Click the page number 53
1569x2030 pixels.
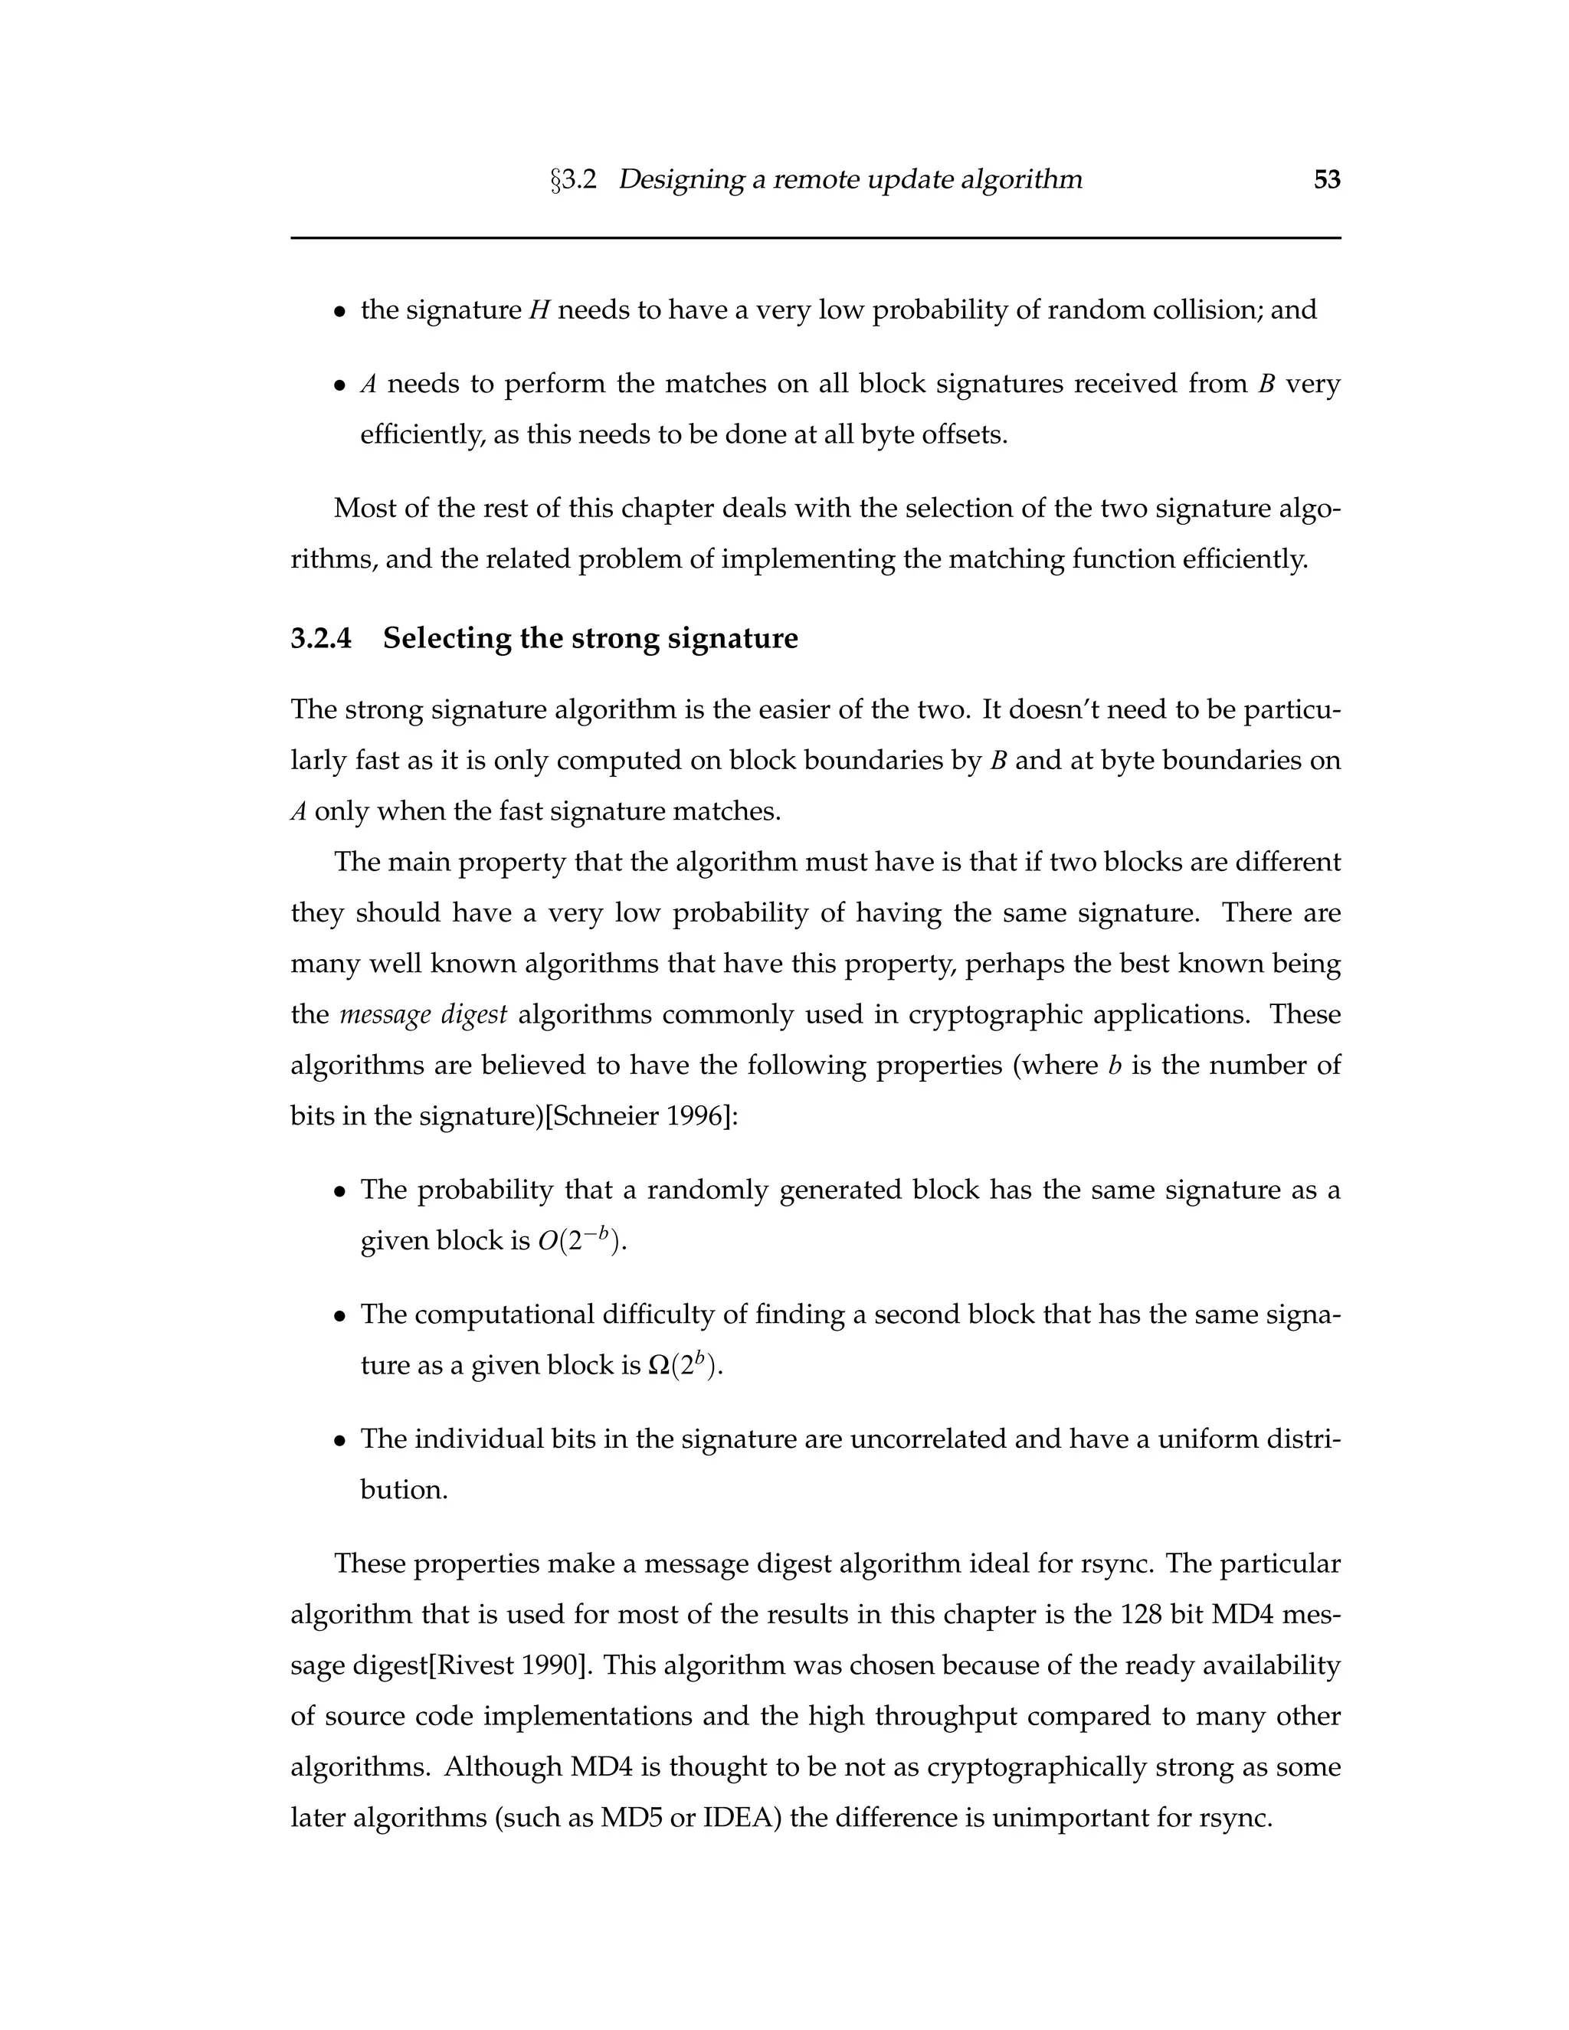pyautogui.click(x=1326, y=179)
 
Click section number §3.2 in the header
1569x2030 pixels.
pyautogui.click(x=574, y=179)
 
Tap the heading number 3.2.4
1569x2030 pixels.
pyautogui.click(x=322, y=639)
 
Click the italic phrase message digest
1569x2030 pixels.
pyautogui.click(x=423, y=1014)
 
